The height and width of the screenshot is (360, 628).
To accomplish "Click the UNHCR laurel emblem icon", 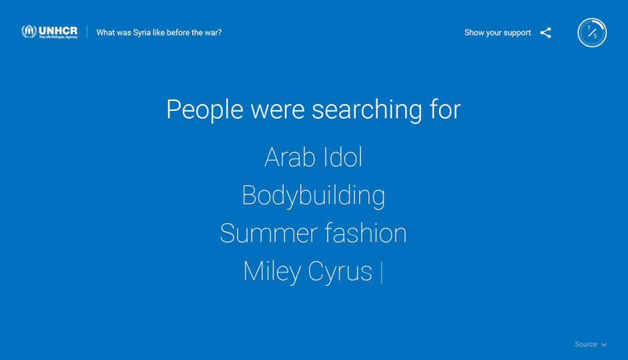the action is pyautogui.click(x=29, y=31).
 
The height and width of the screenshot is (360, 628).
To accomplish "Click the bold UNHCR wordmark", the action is pyautogui.click(x=58, y=31).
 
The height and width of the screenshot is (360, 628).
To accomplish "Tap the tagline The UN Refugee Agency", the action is pyautogui.click(x=58, y=37).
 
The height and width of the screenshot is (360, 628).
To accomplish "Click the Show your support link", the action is pyautogui.click(x=497, y=33).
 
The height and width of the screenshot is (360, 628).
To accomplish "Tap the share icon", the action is pyautogui.click(x=545, y=33).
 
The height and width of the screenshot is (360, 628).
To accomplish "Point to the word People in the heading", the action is pyautogui.click(x=205, y=110).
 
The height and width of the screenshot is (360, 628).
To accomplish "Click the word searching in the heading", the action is pyautogui.click(x=367, y=110).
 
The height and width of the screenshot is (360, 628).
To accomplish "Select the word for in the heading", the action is pyautogui.click(x=445, y=109).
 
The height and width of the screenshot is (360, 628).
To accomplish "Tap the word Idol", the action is pyautogui.click(x=343, y=157).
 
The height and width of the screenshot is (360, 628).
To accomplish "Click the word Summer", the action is pyautogui.click(x=268, y=233).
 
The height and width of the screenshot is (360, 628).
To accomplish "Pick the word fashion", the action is pyautogui.click(x=366, y=232).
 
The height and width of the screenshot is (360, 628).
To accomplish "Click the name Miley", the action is pyautogui.click(x=272, y=272).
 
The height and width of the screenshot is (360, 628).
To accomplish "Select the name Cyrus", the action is pyautogui.click(x=340, y=272).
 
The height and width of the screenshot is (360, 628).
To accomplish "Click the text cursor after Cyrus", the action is pyautogui.click(x=382, y=273).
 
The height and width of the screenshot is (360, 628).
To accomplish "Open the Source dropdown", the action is pyautogui.click(x=591, y=345).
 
